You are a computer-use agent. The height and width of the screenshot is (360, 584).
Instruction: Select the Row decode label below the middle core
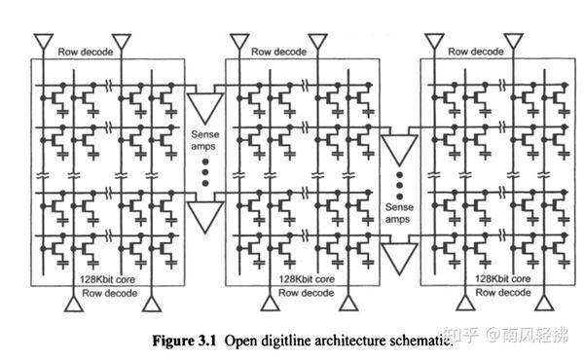point(277,291)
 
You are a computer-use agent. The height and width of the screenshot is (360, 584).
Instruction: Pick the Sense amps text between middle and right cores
point(399,213)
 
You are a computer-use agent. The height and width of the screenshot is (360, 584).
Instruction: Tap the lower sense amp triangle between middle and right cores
point(399,256)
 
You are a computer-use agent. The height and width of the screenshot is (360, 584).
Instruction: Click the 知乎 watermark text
point(459,336)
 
